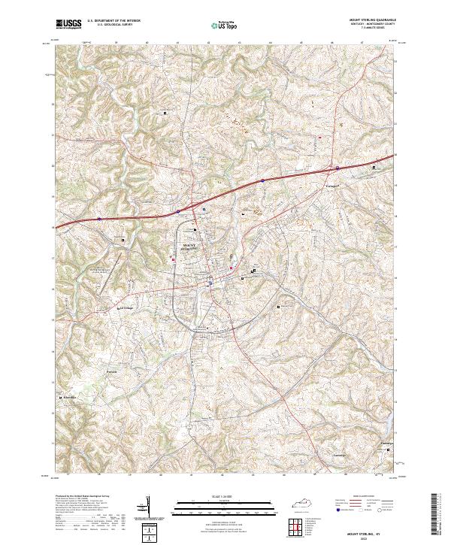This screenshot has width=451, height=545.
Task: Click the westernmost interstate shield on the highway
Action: (98, 219)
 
